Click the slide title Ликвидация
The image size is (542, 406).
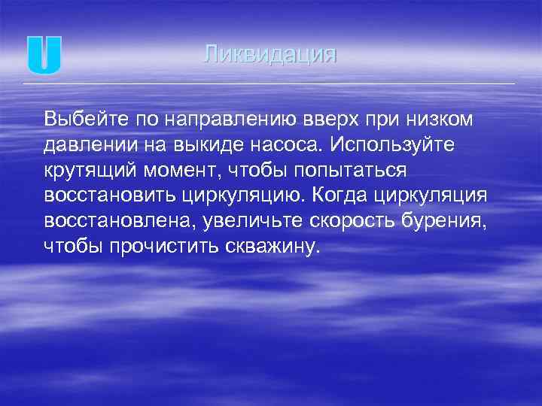[270, 55]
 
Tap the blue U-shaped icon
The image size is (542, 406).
[44, 55]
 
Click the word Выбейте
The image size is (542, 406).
[81, 120]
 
